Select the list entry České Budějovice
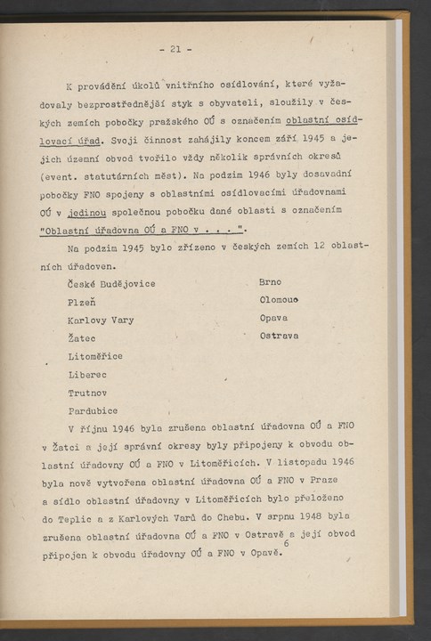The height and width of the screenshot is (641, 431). (111, 284)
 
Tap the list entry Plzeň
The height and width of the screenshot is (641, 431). (85, 301)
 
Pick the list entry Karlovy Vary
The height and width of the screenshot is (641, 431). (101, 320)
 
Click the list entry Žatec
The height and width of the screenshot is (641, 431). (85, 338)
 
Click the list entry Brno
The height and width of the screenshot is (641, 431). (270, 282)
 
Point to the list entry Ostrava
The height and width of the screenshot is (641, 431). (279, 336)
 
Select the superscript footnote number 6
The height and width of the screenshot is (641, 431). (286, 542)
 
